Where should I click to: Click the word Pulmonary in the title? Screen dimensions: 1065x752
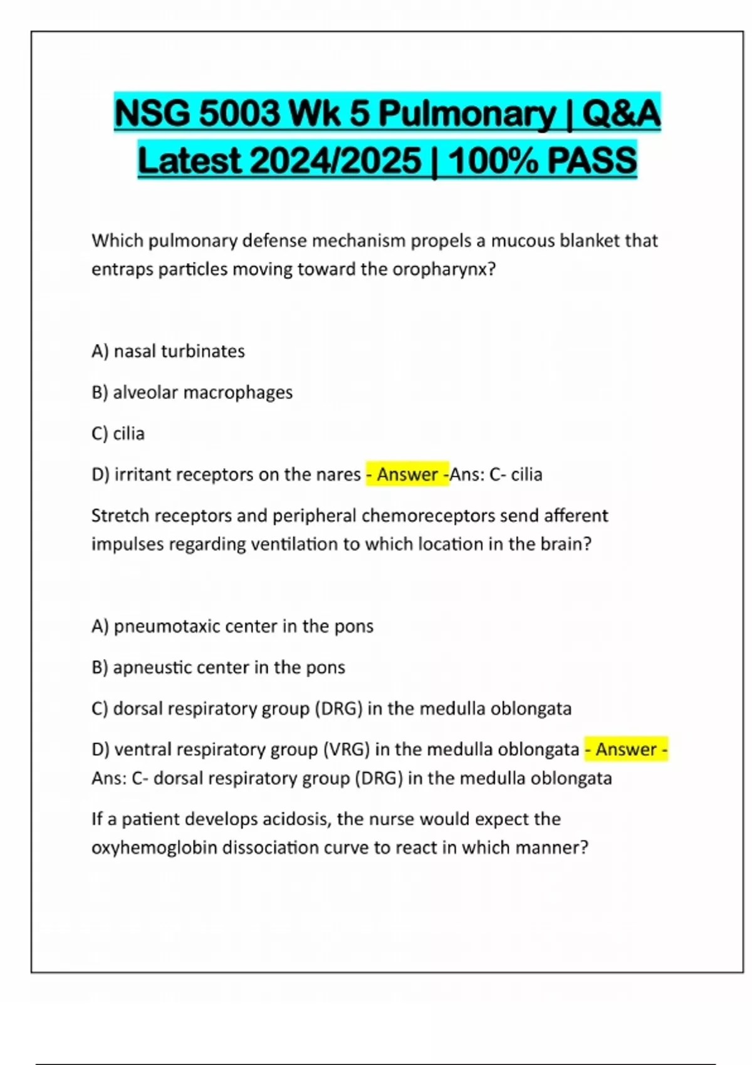click(467, 114)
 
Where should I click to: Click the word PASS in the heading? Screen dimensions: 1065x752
click(592, 161)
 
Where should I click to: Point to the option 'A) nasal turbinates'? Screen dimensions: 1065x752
click(168, 351)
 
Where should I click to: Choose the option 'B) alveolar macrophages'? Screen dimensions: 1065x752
click(192, 393)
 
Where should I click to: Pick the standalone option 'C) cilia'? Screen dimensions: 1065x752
click(118, 434)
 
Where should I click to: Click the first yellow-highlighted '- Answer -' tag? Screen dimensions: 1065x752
click(407, 474)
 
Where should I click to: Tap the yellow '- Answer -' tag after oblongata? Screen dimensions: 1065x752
click(626, 749)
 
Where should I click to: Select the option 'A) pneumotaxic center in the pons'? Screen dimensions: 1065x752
click(232, 626)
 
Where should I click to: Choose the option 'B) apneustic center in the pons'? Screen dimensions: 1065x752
click(218, 668)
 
